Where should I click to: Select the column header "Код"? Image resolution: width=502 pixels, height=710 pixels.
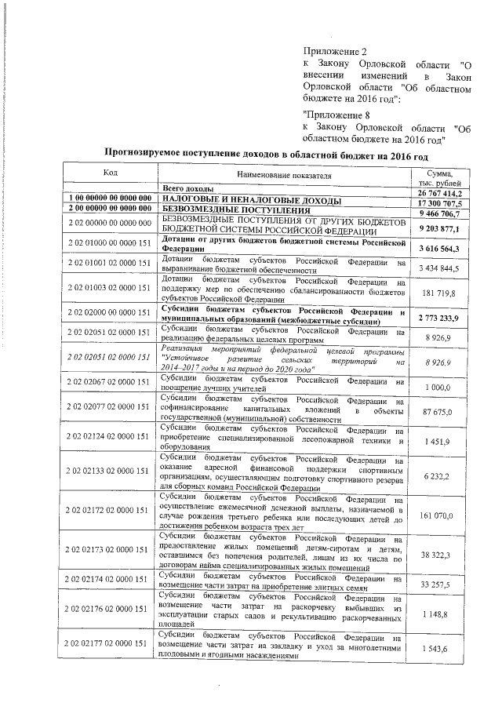click(110, 172)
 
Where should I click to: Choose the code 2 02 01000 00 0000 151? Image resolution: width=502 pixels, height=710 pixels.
click(110, 246)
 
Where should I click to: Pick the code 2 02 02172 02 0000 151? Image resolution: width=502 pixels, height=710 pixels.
click(110, 511)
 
